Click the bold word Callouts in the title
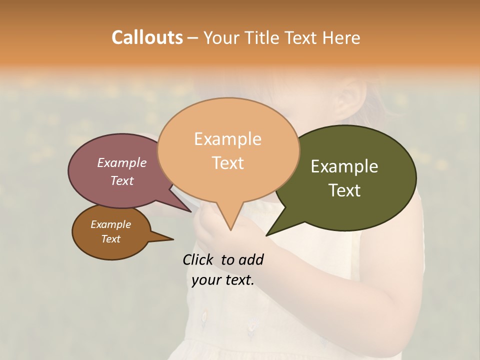[147, 37]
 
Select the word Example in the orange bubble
[227, 139]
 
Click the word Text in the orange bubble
[228, 163]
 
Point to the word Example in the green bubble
[344, 166]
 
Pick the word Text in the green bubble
[344, 190]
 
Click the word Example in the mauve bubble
[121, 162]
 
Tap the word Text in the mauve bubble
[121, 180]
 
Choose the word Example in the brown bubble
[110, 224]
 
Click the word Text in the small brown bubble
[110, 239]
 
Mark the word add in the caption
[251, 259]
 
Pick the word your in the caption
[205, 280]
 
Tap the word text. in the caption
[238, 280]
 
